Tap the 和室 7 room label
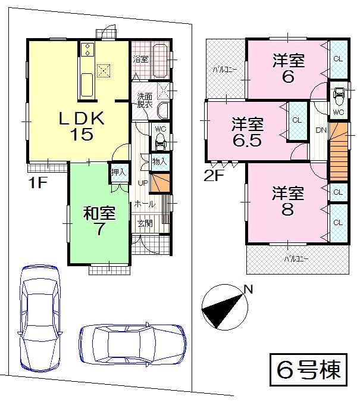click(99, 222)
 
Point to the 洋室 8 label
click(289, 201)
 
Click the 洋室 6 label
click(289, 68)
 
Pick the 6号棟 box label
click(308, 369)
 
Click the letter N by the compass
click(249, 290)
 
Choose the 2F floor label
click(214, 176)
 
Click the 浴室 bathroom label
click(140, 59)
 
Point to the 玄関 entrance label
click(145, 223)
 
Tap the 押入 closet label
click(118, 172)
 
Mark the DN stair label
click(320, 130)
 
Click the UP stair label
click(143, 182)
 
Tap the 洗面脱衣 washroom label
click(145, 100)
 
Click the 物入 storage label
click(159, 161)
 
